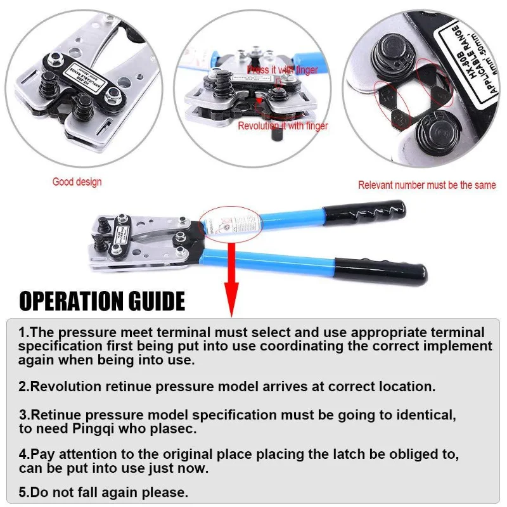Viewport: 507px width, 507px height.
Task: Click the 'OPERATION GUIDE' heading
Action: pyautogui.click(x=101, y=300)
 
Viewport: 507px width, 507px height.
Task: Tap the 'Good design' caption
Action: pyautogui.click(x=77, y=182)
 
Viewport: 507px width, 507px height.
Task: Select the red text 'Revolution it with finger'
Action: pyautogui.click(x=283, y=126)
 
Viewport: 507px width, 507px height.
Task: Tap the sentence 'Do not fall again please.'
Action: pyautogui.click(x=103, y=492)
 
